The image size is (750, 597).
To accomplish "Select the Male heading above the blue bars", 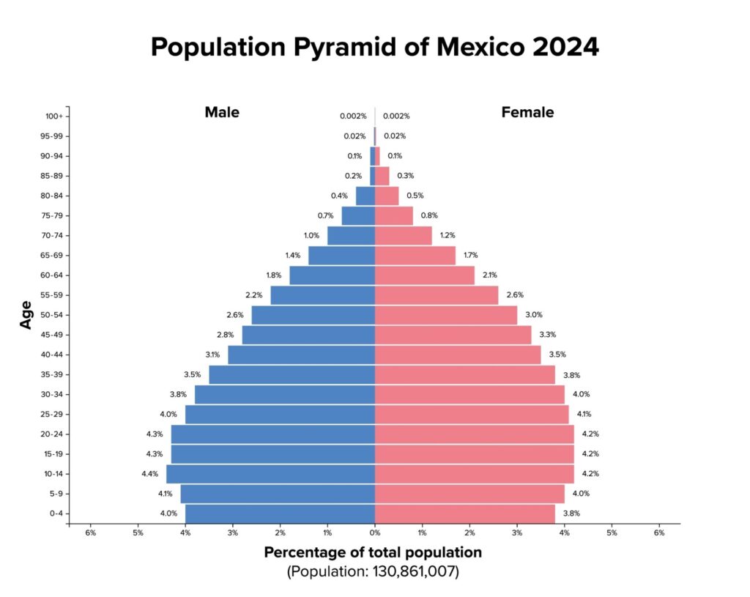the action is [x=222, y=112].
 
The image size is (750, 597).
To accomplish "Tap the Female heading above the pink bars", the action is [x=527, y=112].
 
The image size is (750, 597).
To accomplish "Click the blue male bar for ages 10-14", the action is [x=271, y=474].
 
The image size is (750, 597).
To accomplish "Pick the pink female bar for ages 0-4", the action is [x=465, y=513].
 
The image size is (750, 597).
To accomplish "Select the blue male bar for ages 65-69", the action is [x=341, y=256].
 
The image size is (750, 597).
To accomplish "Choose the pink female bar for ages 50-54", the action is [x=446, y=315].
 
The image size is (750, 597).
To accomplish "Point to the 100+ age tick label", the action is [x=54, y=116].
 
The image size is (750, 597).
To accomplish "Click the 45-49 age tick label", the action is [x=52, y=335].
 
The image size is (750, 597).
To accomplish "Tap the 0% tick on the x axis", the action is [x=375, y=533].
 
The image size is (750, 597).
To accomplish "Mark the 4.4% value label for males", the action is [x=149, y=474].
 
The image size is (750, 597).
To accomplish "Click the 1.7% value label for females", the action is [x=471, y=256].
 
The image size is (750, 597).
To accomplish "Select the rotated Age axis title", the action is [x=26, y=315].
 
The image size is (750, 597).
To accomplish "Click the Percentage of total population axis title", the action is [x=373, y=552].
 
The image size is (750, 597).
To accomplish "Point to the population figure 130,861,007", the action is [x=414, y=571].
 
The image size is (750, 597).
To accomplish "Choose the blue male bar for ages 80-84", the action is [x=365, y=196].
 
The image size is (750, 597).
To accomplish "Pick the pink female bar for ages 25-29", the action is [x=472, y=415].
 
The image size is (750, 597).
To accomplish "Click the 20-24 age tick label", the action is [x=52, y=434].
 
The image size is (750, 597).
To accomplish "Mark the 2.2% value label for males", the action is [x=254, y=295].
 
